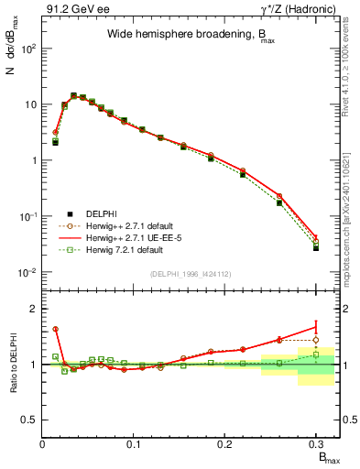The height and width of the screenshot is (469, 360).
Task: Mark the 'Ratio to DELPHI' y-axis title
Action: click(13, 365)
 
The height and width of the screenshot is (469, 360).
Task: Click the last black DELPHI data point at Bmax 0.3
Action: click(315, 248)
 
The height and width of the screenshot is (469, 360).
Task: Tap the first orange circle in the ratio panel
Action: click(56, 329)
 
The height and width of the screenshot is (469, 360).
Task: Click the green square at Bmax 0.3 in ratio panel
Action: click(315, 354)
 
